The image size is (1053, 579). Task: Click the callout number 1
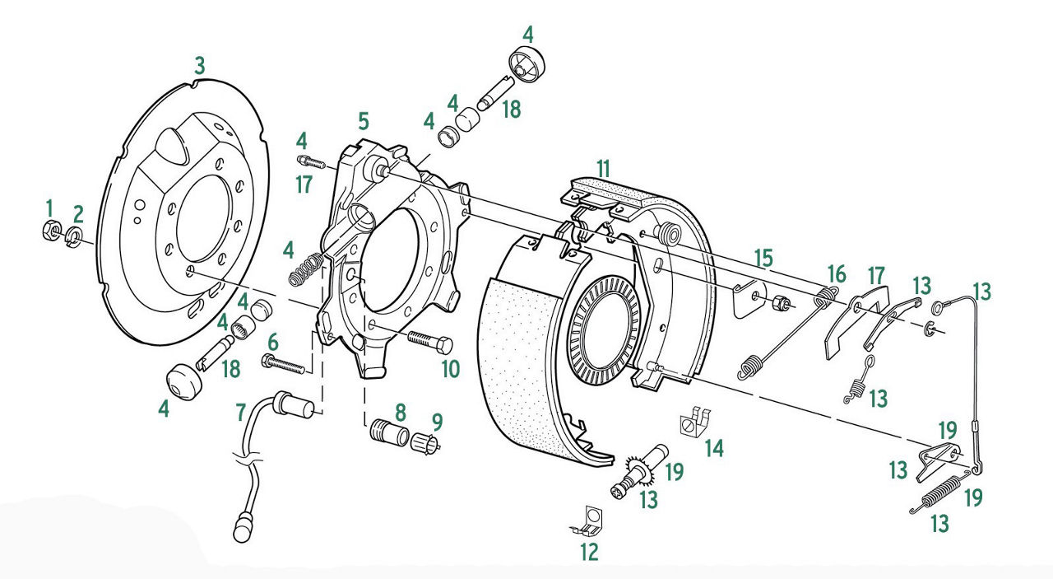click(49, 207)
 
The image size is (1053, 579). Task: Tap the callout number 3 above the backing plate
click(198, 65)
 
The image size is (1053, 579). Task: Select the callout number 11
click(604, 168)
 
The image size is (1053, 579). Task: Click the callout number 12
click(589, 552)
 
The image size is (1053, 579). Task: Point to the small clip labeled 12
click(588, 519)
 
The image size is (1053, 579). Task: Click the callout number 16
click(836, 273)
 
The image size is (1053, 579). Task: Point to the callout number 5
click(363, 123)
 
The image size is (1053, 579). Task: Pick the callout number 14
click(714, 448)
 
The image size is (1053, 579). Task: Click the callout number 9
click(437, 422)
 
